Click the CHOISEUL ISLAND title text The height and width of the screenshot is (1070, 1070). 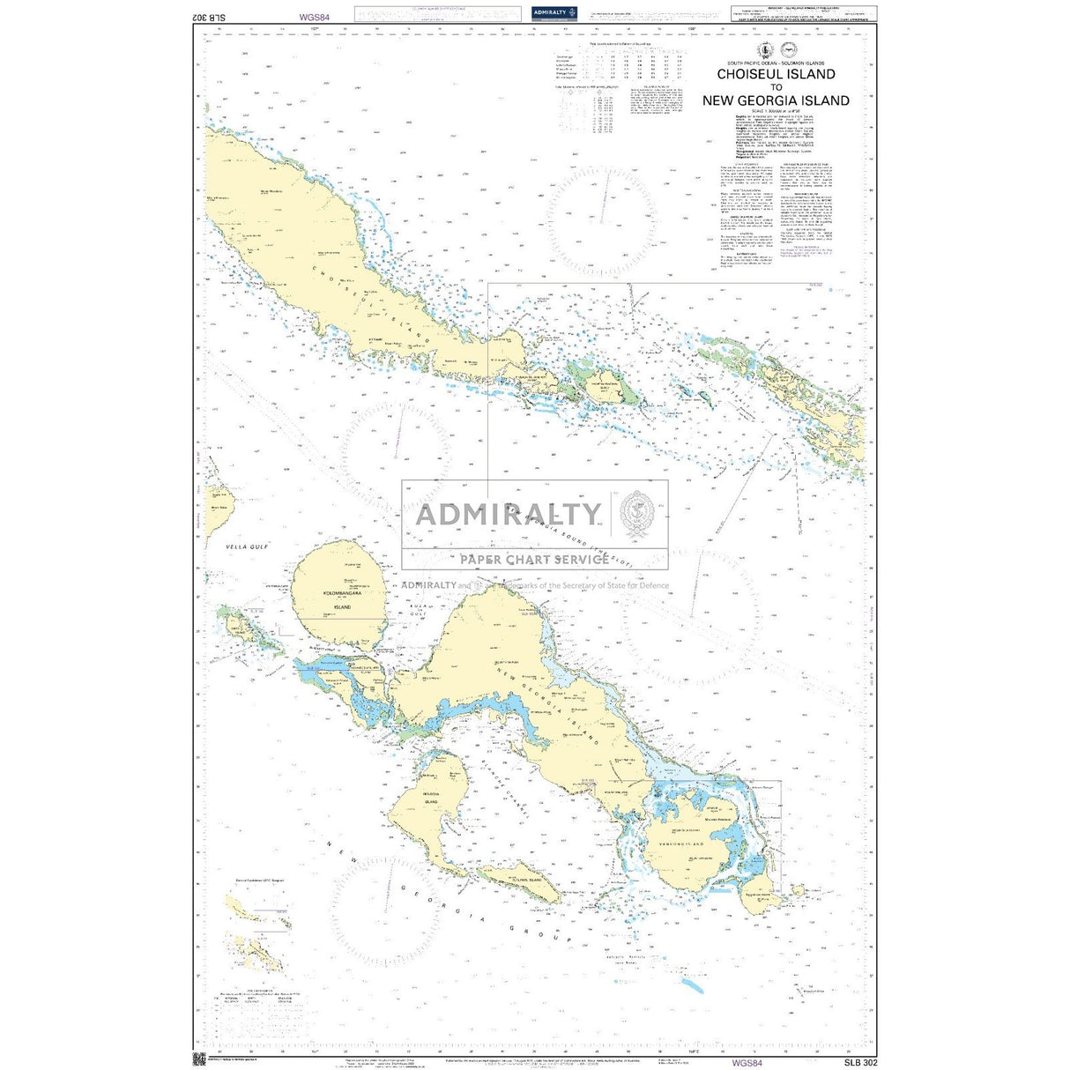pos(776,75)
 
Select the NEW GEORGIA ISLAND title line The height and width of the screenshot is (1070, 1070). pos(776,100)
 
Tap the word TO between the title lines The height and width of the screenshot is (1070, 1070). pos(776,87)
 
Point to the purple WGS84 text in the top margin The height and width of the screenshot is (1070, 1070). pos(314,17)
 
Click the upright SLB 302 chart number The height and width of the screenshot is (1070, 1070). pos(859,1062)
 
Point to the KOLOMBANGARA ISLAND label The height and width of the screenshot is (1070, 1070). pos(343,598)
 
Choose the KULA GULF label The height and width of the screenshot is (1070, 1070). pos(415,610)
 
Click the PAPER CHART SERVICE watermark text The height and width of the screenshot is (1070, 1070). pos(534,559)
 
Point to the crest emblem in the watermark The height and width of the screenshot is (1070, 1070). pos(636,514)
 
